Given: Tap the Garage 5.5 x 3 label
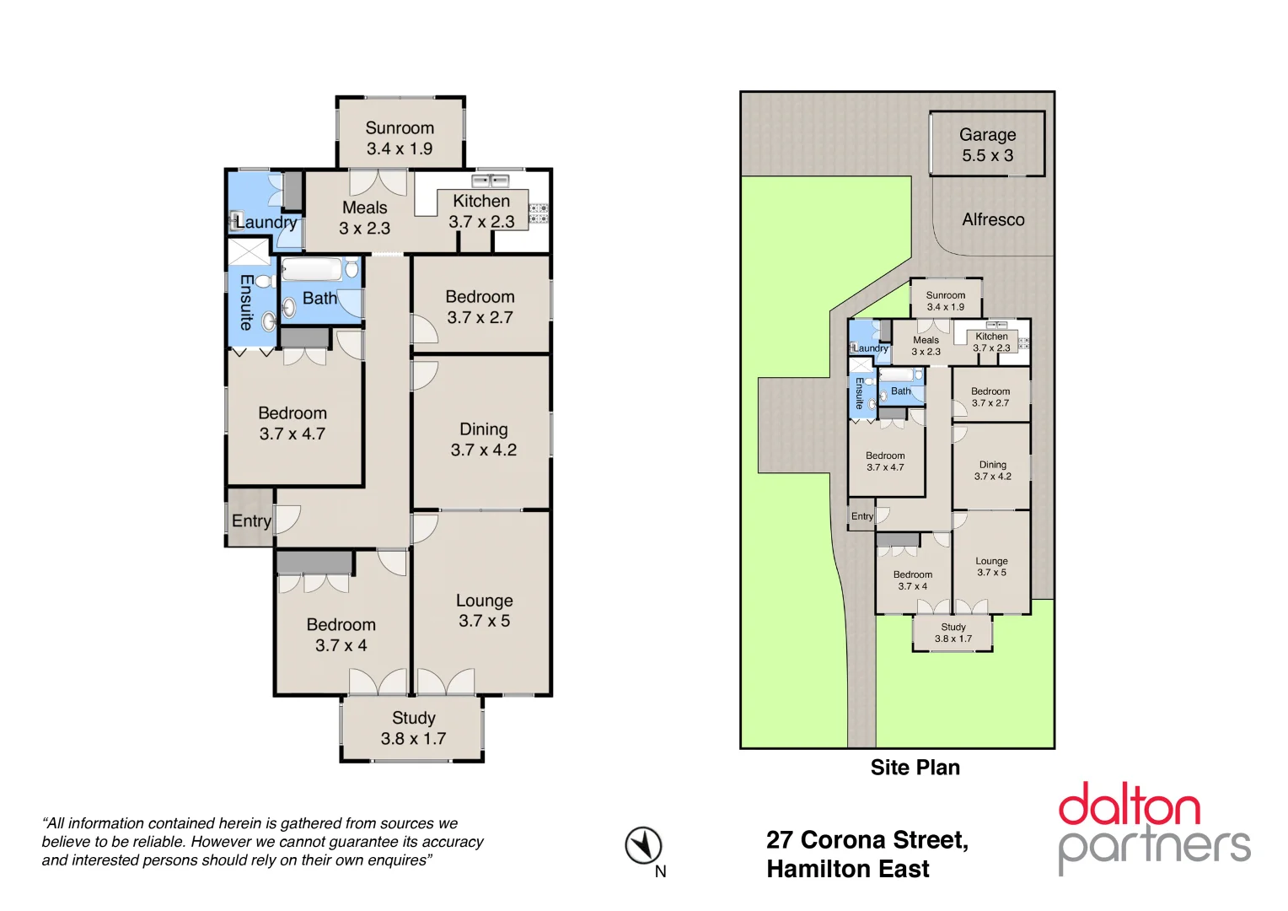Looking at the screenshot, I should point(987,145).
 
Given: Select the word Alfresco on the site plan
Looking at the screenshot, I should point(993,219).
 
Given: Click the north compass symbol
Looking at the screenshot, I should point(643,845).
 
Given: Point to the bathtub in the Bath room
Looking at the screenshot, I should point(311,269).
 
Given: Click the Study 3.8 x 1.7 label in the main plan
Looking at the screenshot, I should point(413,728).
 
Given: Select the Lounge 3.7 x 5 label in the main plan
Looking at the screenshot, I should point(484,611).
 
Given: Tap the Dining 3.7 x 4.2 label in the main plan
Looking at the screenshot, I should point(483,439).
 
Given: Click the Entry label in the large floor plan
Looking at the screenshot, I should point(250,520).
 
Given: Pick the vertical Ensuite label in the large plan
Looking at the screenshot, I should point(245,301).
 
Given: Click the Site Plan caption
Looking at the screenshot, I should point(915,768).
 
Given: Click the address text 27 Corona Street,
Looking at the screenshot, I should point(867,840).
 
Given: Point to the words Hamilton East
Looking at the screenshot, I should point(847,869).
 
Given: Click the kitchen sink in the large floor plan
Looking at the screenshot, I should point(489,181).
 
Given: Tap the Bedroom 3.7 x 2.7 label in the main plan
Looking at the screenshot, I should point(480,307).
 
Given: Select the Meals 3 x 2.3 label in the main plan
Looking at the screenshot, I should point(364,218).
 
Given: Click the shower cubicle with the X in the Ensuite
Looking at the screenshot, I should point(249,252).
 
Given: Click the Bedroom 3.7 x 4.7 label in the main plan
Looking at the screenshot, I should point(292,423).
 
